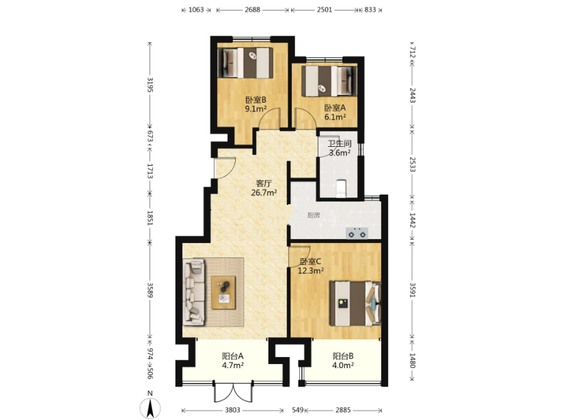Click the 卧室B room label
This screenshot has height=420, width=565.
click(x=256, y=100)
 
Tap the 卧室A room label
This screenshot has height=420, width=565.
click(x=335, y=108)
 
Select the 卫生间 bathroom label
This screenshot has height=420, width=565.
click(x=340, y=143)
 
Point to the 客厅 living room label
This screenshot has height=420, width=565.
click(x=264, y=183)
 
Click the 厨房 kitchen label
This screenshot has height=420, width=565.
click(x=314, y=215)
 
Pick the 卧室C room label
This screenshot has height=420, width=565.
click(x=310, y=262)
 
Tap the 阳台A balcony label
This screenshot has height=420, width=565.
click(x=233, y=356)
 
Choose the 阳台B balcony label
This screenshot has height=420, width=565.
click(x=343, y=356)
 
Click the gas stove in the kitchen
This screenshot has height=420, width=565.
click(x=357, y=233)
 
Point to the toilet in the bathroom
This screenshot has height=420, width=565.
click(x=340, y=188)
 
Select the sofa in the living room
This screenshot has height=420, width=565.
click(x=194, y=292)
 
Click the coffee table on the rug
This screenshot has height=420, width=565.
click(x=223, y=292)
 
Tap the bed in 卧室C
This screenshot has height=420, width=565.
click(x=355, y=304)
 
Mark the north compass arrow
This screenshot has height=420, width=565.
click(x=150, y=408)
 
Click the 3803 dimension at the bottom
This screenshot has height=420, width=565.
click(x=232, y=410)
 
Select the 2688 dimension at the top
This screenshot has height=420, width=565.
click(x=252, y=10)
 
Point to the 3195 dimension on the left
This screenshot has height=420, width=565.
click(x=150, y=85)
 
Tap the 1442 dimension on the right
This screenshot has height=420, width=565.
click(x=412, y=220)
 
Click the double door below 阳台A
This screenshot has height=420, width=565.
click(x=233, y=393)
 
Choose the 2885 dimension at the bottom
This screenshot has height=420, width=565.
click(x=343, y=410)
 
